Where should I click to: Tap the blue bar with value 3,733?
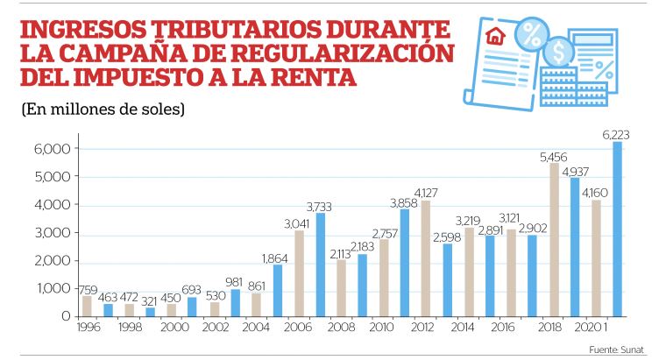[321, 264]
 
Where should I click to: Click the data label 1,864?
[278, 257]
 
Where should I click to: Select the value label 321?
[150, 300]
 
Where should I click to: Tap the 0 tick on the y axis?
[64, 315]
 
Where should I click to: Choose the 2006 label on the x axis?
[298, 328]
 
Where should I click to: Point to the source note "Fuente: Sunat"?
[616, 349]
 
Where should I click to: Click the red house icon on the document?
[495, 38]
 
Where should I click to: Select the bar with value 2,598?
[447, 279]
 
